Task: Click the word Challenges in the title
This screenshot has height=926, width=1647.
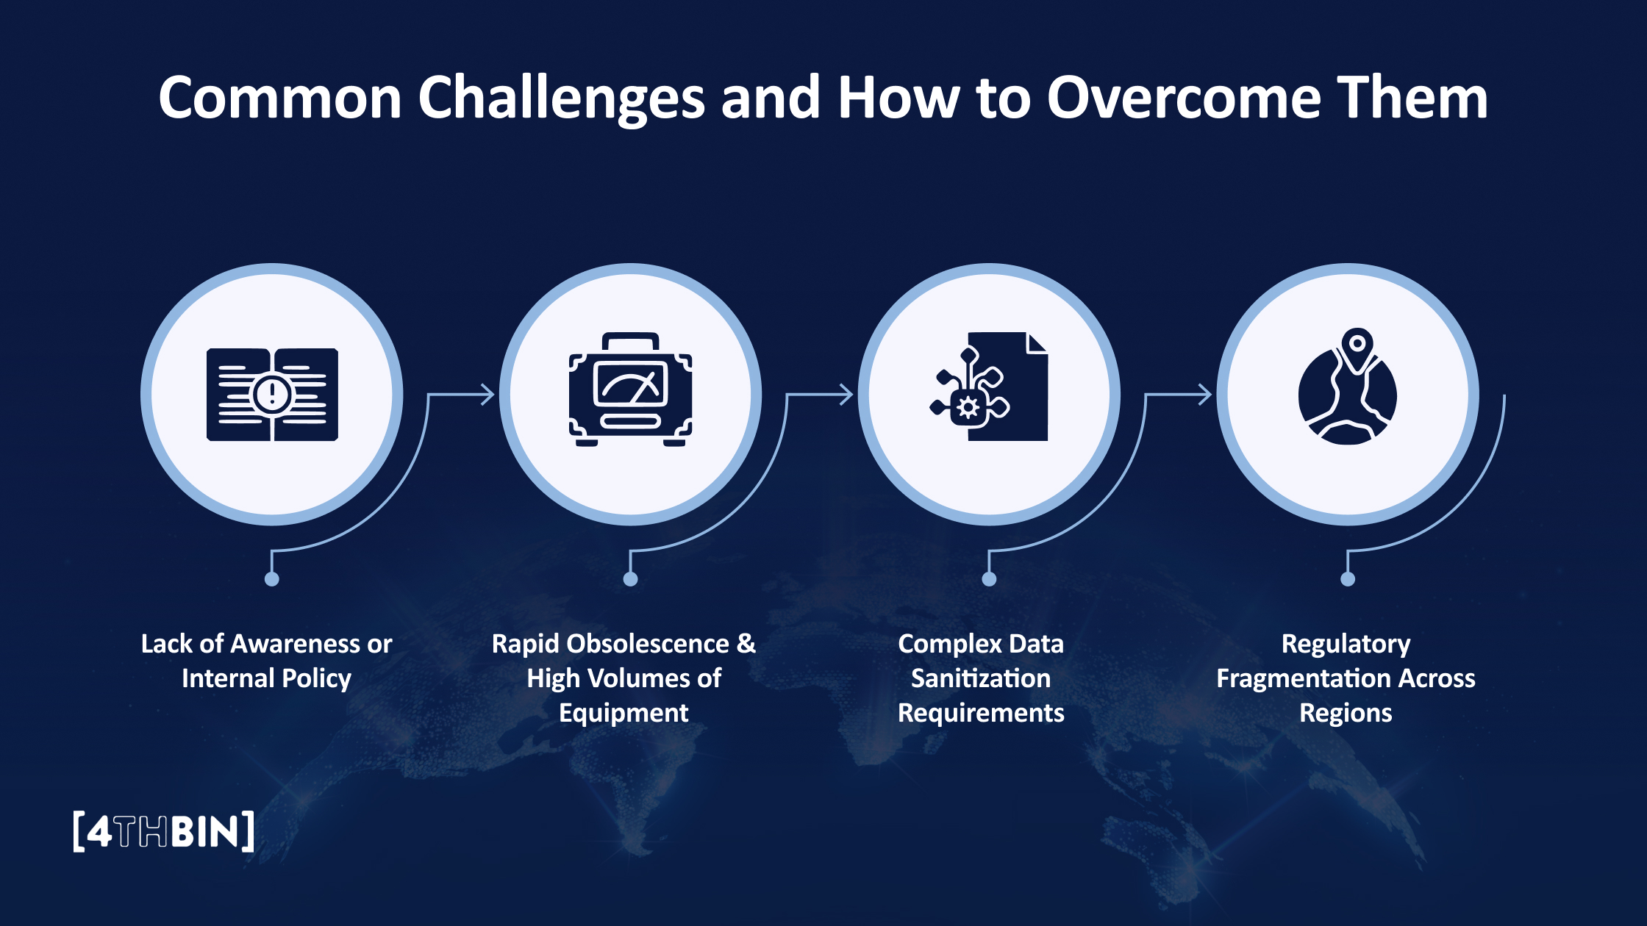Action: [562, 99]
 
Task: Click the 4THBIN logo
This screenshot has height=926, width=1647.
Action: [164, 831]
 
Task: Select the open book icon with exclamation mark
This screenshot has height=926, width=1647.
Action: [272, 395]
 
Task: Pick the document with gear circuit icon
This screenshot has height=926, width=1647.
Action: [990, 387]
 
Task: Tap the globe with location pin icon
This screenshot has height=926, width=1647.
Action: [1347, 390]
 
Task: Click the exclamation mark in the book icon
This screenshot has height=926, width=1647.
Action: [272, 394]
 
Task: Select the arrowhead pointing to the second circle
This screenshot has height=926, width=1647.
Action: [487, 395]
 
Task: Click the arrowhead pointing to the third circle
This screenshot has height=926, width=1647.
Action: [846, 395]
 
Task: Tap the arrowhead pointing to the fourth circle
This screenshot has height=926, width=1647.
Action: [1204, 395]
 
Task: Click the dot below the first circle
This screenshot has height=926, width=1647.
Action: [271, 579]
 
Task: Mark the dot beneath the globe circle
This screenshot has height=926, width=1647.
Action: [1347, 579]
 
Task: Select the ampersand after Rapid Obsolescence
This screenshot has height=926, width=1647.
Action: [746, 643]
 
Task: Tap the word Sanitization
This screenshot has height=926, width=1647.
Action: [980, 678]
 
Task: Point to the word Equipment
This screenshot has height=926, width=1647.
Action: [624, 713]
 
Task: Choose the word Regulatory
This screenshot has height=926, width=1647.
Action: [1346, 644]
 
